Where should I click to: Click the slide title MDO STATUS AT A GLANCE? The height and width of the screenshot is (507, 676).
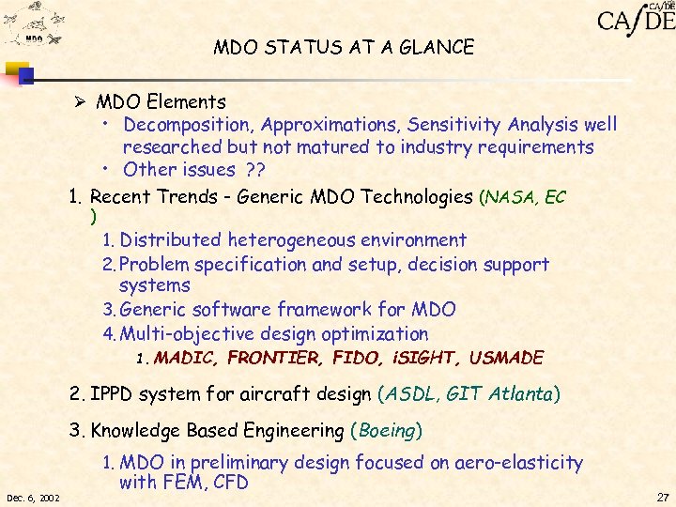click(343, 46)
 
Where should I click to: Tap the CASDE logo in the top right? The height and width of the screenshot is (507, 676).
click(636, 19)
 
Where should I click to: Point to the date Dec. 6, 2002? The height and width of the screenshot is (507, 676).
click(34, 496)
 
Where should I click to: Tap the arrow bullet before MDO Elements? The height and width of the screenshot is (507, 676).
click(83, 101)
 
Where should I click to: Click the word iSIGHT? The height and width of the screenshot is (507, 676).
click(427, 358)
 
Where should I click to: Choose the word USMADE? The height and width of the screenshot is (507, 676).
click(506, 358)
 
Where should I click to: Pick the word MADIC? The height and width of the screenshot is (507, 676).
click(186, 358)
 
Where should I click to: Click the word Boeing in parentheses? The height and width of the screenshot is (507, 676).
click(386, 431)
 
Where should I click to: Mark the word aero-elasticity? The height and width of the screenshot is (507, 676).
click(524, 463)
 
